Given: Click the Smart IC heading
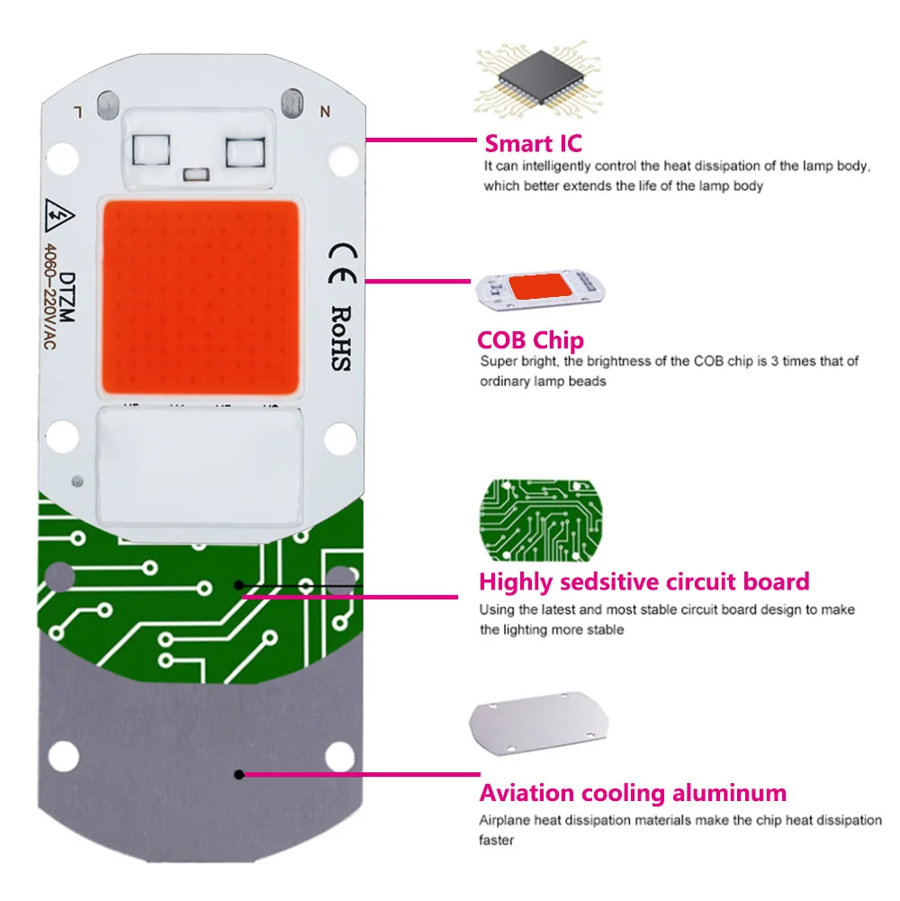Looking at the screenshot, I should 533,143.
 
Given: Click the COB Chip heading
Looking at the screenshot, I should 530,340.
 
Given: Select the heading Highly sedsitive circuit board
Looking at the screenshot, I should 643,581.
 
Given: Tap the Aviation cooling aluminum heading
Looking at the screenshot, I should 632,793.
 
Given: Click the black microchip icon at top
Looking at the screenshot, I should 538,84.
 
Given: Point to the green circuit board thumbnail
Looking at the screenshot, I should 539,518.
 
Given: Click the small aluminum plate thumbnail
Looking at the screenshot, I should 537,726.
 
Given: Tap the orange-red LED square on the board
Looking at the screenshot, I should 203,298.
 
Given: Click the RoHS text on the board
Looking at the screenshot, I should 340,338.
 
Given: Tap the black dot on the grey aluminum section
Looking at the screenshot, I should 238,773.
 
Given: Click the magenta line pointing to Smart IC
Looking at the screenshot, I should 422,140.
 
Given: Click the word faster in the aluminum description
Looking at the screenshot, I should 499,840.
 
